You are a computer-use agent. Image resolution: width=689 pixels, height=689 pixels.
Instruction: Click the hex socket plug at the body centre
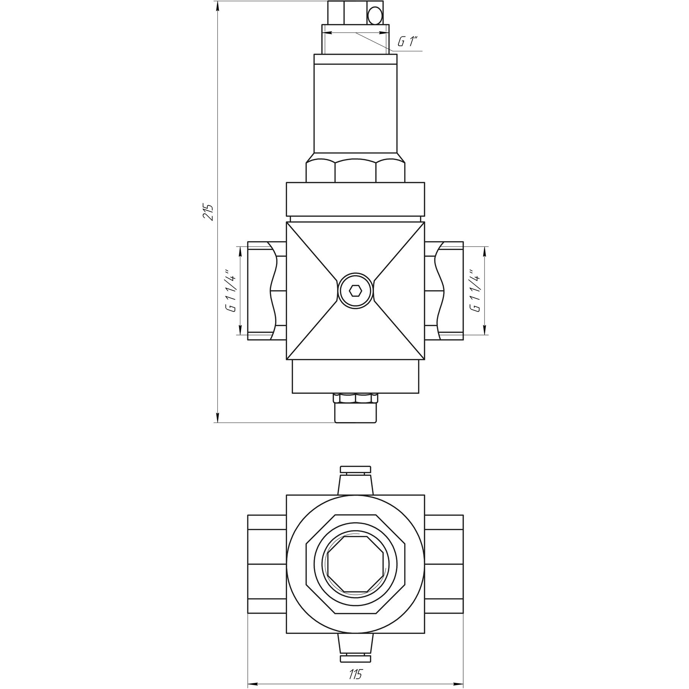pyautogui.click(x=356, y=291)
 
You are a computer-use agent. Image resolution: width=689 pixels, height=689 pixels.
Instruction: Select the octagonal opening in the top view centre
pyautogui.click(x=356, y=565)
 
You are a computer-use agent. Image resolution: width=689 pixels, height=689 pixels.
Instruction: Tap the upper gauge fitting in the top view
pyautogui.click(x=356, y=480)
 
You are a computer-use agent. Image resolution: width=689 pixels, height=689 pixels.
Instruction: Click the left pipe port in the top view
pyautogui.click(x=267, y=564)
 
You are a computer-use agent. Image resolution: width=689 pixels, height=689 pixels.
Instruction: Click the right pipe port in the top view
pyautogui.click(x=444, y=564)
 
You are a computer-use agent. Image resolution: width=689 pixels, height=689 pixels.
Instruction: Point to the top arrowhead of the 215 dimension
pyautogui.click(x=217, y=5)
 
